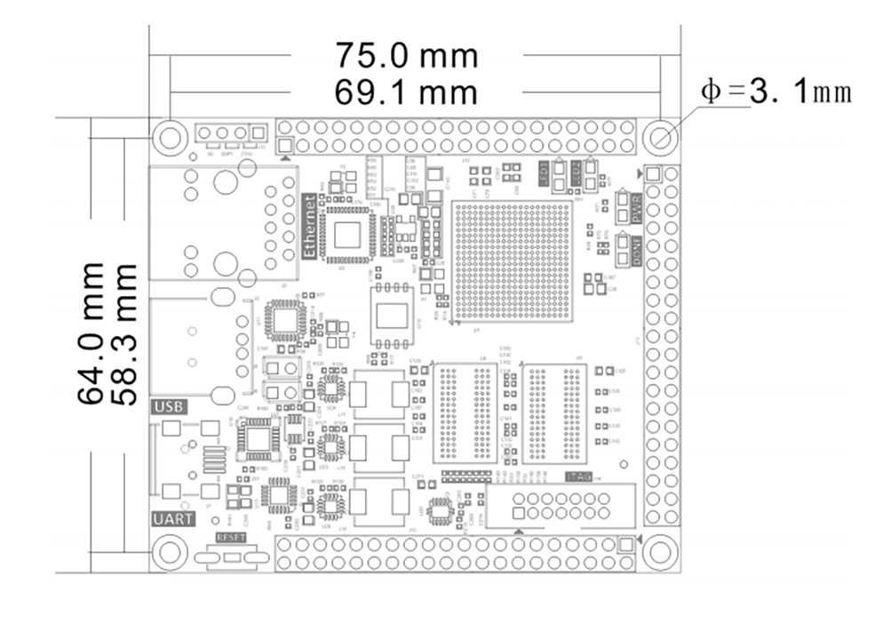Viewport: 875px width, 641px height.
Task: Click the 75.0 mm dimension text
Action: (406, 56)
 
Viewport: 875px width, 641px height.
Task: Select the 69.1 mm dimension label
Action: (406, 92)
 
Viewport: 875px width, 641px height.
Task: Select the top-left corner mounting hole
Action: (169, 137)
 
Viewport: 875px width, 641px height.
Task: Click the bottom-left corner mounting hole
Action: (169, 552)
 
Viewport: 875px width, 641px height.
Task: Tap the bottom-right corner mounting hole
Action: (660, 552)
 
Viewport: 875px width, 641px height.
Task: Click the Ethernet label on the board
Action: (311, 226)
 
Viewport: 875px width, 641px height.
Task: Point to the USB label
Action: (169, 407)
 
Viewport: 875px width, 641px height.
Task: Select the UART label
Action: (171, 519)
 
